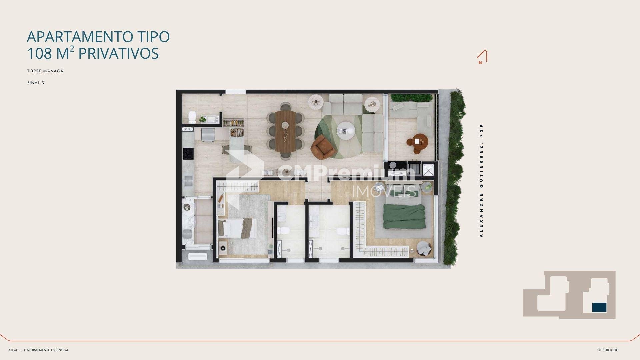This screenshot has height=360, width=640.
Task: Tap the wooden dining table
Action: tap(285, 131)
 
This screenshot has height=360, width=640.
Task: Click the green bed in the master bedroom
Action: tap(404, 216)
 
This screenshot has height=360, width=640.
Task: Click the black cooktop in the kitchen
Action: tap(188, 154)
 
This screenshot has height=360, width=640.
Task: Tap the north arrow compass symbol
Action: tap(482, 57)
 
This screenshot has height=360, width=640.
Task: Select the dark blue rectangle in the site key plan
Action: tap(599, 307)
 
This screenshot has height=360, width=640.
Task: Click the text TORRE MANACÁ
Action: tap(45, 71)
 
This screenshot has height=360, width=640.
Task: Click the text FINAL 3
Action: tap(36, 83)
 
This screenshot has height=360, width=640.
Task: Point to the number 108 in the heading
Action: tap(40, 53)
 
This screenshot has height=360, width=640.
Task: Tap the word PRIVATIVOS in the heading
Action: tap(119, 53)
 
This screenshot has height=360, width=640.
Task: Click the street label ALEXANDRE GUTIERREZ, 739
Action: tap(481, 181)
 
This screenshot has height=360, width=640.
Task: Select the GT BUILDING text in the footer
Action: tap(608, 350)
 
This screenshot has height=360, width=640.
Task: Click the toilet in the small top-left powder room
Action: tap(192, 117)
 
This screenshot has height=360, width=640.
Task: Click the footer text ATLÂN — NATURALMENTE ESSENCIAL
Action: tap(38, 350)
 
